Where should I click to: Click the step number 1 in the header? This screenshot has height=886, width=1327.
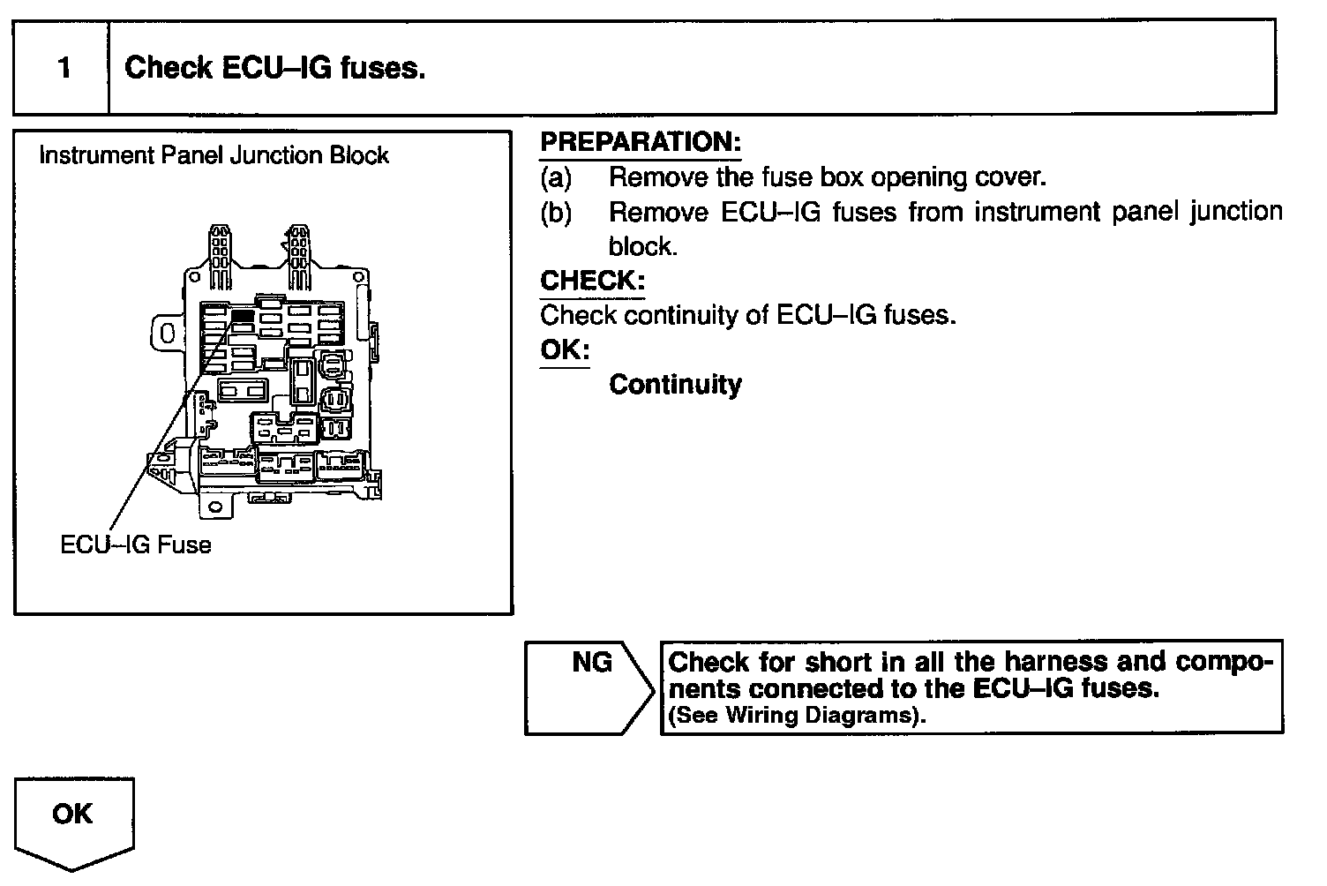point(64,68)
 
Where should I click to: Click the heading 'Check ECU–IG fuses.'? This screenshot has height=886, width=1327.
point(274,68)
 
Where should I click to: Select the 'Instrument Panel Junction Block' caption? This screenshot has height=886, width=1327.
point(214,155)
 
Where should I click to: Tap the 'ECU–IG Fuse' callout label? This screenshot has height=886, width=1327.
point(136,544)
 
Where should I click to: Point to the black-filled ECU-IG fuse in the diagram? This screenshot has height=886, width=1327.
point(243,315)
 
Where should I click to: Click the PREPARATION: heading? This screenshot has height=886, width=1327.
point(641,142)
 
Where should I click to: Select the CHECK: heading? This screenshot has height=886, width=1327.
point(592,281)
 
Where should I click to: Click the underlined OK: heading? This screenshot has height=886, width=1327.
point(564,349)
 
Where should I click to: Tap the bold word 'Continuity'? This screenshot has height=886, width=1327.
point(675,385)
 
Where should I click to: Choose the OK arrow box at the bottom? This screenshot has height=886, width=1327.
point(73,820)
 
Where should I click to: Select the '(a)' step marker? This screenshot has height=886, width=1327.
point(556,177)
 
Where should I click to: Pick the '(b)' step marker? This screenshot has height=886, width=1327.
point(556,213)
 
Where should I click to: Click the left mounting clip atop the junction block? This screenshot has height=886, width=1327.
point(219,256)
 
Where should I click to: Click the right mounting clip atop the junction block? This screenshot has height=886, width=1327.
point(299,256)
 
